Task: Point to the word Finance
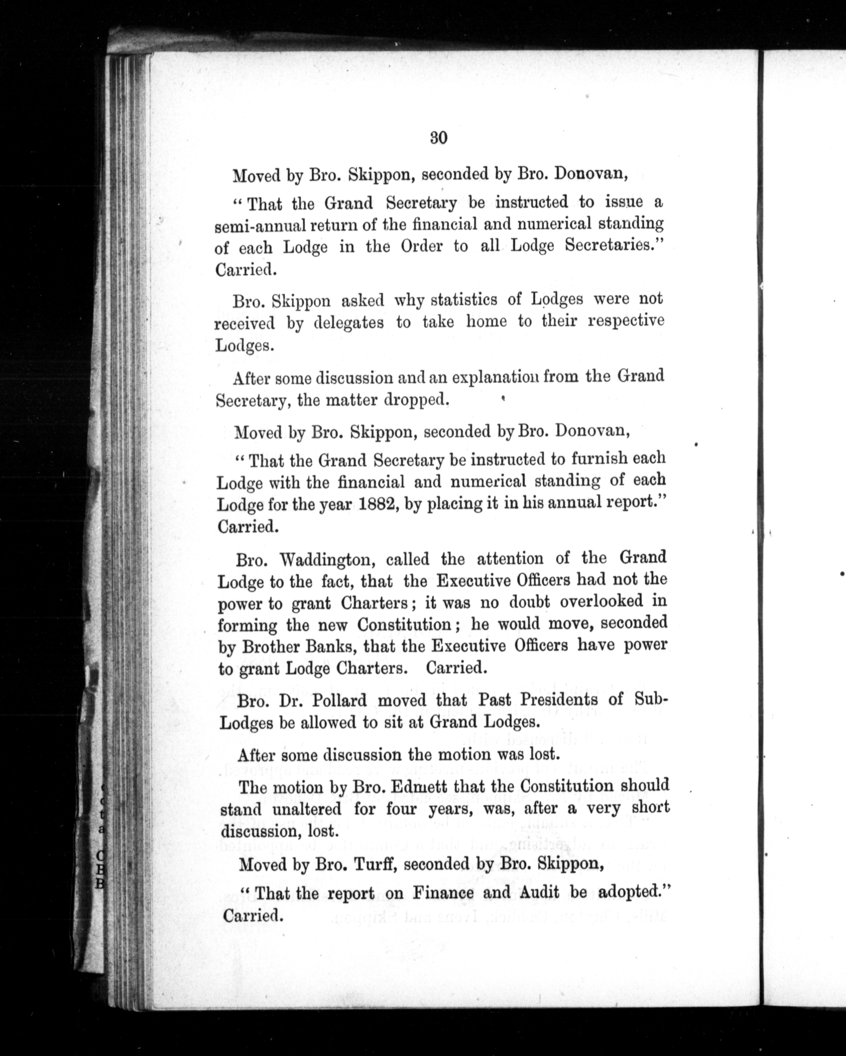(x=444, y=893)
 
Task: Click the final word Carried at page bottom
(x=253, y=915)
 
